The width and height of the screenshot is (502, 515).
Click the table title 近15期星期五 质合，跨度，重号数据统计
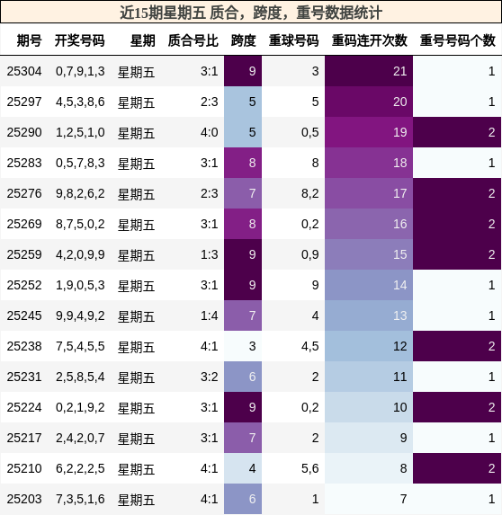point(251,13)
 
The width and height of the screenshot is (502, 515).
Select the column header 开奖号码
point(79,40)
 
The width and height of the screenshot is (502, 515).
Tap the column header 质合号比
point(193,40)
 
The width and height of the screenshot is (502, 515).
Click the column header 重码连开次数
point(369,40)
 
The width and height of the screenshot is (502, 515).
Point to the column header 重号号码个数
point(457,40)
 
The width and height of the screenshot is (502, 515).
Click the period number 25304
point(24,71)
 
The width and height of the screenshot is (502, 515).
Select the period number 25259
point(24,254)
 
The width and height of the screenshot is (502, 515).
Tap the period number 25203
point(24,499)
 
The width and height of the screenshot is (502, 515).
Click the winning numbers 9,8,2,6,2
point(80,193)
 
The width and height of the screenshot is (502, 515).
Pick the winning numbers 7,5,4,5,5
point(80,346)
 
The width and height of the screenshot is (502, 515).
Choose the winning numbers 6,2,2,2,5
point(80,468)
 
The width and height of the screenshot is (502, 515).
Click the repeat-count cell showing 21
point(369,71)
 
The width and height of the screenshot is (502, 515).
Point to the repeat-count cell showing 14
point(369,285)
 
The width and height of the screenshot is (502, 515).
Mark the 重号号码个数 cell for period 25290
point(457,132)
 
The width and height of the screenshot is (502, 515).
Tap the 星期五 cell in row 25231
point(136,377)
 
